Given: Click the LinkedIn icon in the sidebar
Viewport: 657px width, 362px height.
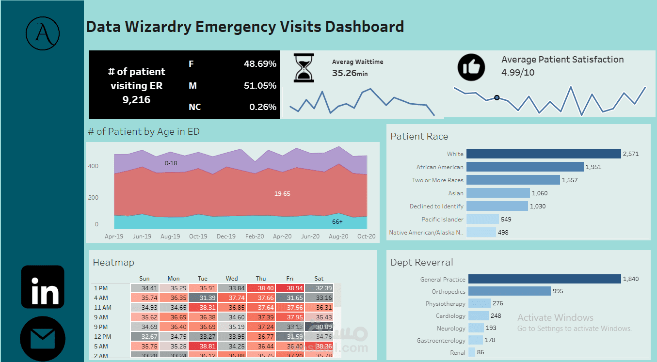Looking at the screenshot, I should point(43,287).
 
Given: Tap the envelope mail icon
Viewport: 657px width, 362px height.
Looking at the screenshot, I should point(43,339).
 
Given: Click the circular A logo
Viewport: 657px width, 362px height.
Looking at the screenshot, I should point(43,34).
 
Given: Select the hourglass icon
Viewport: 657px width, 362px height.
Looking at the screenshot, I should point(304,68).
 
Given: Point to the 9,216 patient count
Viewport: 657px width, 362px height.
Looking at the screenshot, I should point(136,100).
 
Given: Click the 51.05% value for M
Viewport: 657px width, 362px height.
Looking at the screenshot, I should point(260,86).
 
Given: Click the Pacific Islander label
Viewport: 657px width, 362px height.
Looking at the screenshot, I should point(442,220).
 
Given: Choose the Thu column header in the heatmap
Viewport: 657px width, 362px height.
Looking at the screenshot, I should point(261,279).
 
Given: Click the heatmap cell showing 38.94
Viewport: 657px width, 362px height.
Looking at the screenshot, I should point(290,288).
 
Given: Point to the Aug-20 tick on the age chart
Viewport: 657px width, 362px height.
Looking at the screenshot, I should point(338,236).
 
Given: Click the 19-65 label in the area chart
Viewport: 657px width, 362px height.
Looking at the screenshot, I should point(282,193).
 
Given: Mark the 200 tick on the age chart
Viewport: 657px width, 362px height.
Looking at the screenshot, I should point(93,198).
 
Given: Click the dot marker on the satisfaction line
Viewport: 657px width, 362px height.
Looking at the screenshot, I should point(497,97).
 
